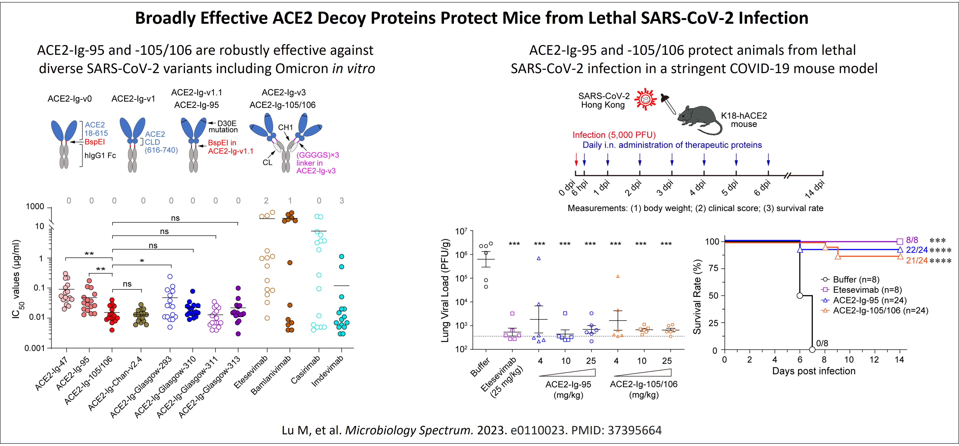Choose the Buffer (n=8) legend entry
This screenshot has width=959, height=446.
(855, 279)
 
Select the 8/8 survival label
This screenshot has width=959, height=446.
(912, 240)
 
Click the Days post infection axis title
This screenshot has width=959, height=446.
(814, 371)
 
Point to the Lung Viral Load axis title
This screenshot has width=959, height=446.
(445, 290)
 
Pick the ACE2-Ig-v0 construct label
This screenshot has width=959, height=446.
(70, 99)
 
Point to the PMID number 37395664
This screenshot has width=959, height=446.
(634, 430)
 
